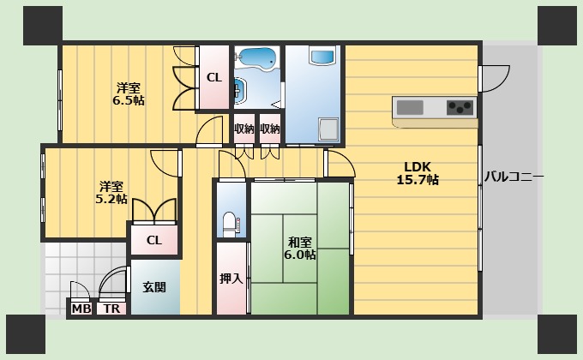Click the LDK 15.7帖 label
[418, 173]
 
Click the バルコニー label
[514, 177]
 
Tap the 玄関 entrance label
[154, 287]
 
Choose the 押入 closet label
[231, 279]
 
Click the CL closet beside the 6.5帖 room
[213, 77]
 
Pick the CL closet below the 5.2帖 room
[153, 240]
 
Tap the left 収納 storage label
[244, 129]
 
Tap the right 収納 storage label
[270, 129]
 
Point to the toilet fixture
[230, 225]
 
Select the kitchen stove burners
[459, 107]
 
